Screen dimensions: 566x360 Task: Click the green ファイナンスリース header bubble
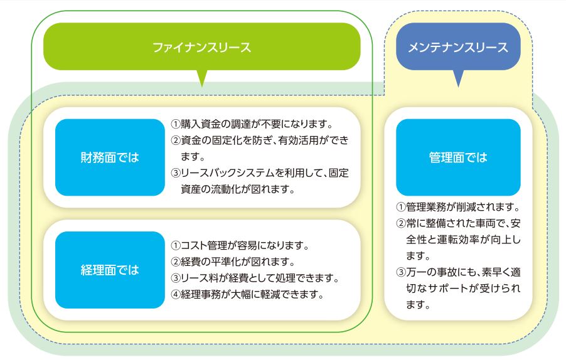click(x=202, y=46)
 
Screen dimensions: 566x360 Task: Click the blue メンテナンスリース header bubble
click(x=458, y=46)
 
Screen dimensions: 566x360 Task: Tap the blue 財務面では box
click(x=110, y=157)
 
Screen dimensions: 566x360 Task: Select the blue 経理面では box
click(x=110, y=270)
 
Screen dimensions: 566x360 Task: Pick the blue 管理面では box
click(x=458, y=157)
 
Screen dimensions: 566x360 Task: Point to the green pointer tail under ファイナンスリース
click(x=202, y=78)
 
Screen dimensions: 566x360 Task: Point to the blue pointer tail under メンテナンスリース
click(x=458, y=78)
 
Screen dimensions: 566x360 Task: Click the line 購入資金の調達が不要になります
click(x=252, y=124)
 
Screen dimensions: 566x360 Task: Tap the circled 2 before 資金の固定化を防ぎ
click(x=176, y=140)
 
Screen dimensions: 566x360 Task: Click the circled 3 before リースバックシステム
click(x=176, y=173)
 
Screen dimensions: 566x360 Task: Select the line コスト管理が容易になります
click(x=240, y=246)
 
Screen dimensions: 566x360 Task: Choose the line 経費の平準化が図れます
click(x=233, y=262)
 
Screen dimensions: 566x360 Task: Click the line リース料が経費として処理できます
click(x=255, y=278)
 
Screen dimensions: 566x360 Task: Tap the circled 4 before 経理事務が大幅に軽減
click(x=176, y=295)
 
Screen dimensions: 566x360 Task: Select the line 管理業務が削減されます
click(x=458, y=207)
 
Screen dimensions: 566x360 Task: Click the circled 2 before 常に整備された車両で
click(x=401, y=224)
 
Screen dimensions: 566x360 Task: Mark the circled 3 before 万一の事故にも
click(x=401, y=272)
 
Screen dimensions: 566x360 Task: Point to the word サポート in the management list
click(x=448, y=289)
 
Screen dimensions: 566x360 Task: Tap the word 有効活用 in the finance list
click(x=299, y=140)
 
